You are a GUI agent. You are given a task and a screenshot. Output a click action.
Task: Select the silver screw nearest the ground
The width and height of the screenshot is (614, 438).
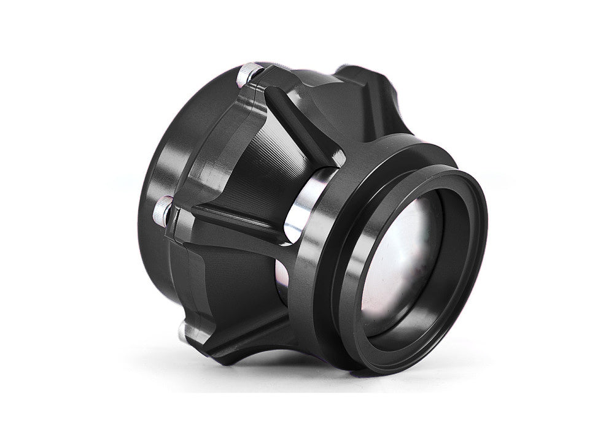[181, 332]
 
